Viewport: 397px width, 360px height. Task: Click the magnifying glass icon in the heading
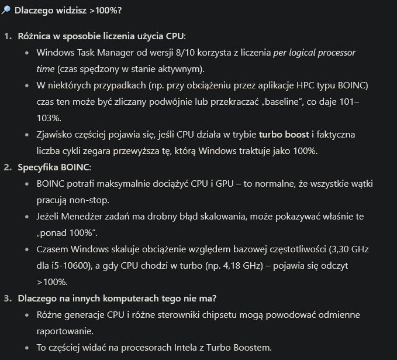pos(7,11)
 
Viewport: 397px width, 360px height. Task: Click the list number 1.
pos(8,36)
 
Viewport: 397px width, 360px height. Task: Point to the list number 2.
pos(8,167)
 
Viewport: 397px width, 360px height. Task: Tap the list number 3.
pos(8,299)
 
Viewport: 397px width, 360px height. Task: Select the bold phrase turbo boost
pos(284,135)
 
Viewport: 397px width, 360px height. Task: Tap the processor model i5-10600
pos(74,266)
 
